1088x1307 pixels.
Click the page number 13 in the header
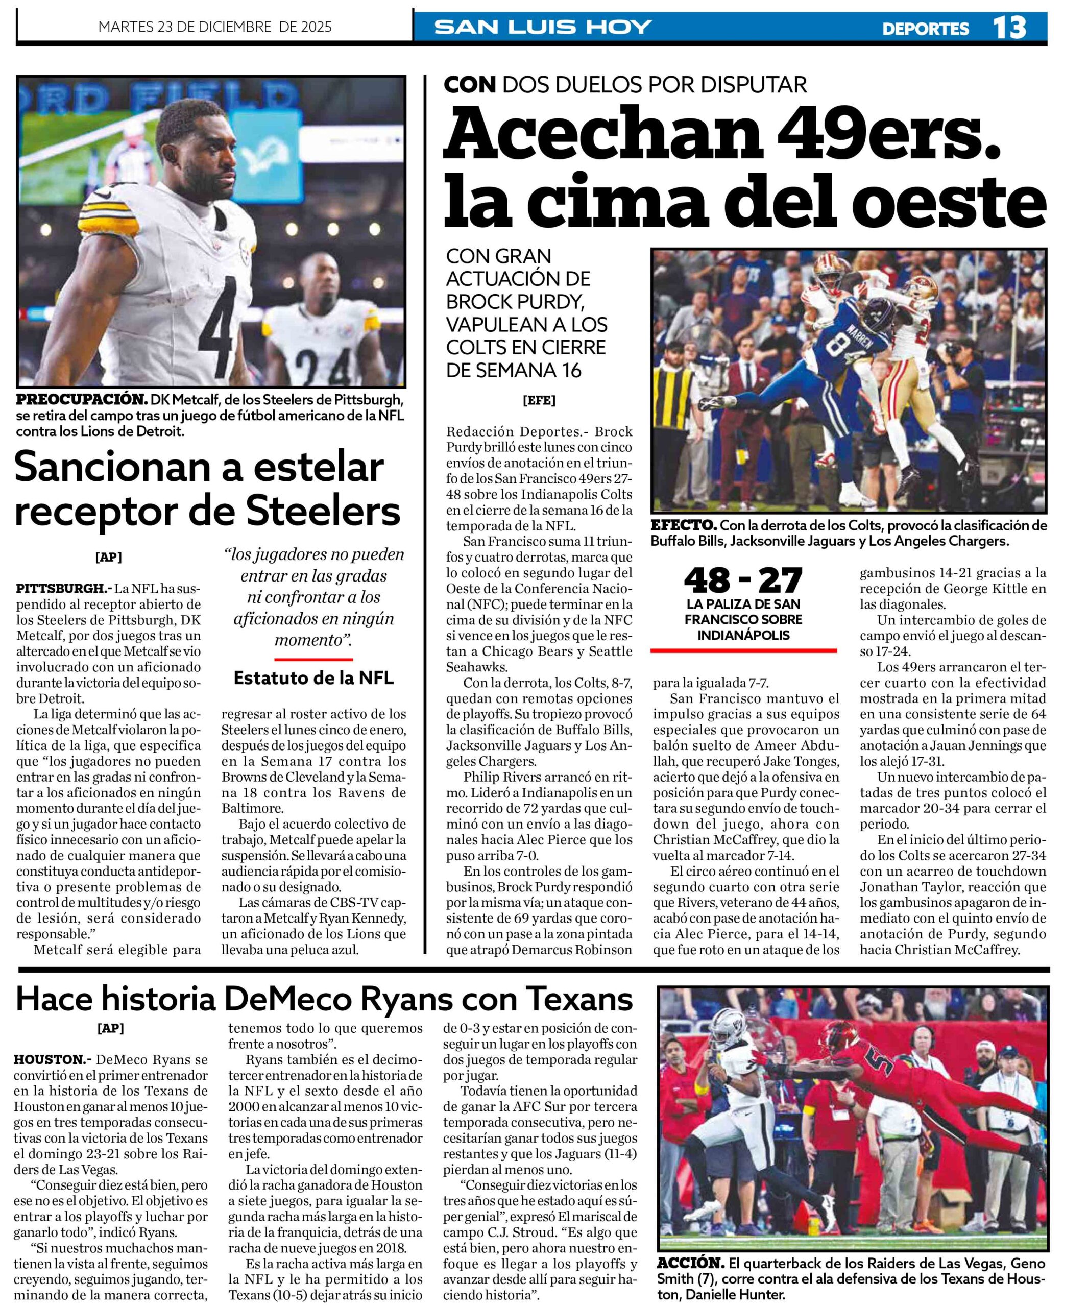pyautogui.click(x=1008, y=28)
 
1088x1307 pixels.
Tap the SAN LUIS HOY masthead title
pyautogui.click(x=543, y=27)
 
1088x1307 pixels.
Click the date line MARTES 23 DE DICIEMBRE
pyautogui.click(x=215, y=27)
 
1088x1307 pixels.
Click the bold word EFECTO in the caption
pyautogui.click(x=683, y=525)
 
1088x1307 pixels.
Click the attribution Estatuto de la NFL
pyautogui.click(x=313, y=678)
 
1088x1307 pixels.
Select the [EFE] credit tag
pyautogui.click(x=539, y=400)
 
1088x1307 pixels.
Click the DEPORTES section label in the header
pyautogui.click(x=925, y=28)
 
